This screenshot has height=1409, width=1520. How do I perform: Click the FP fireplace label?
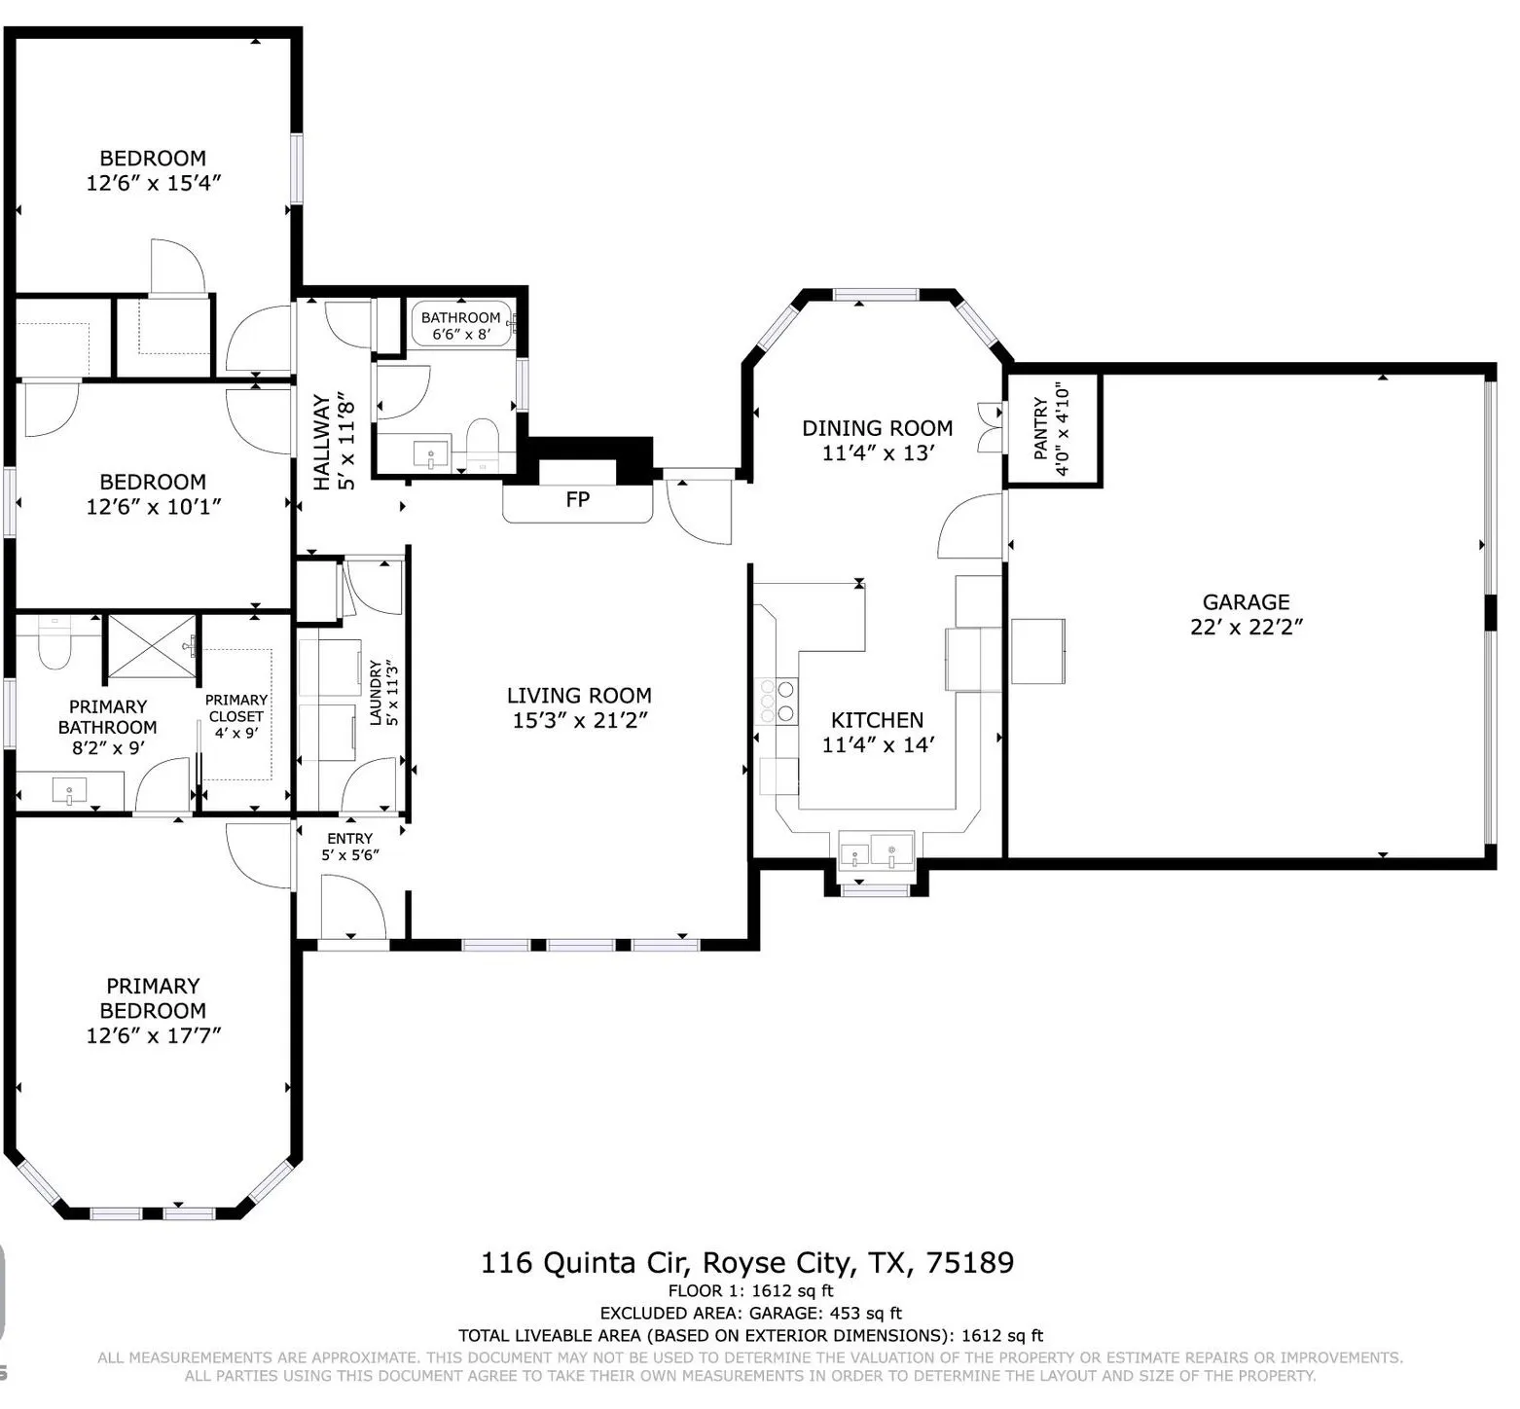click(x=577, y=499)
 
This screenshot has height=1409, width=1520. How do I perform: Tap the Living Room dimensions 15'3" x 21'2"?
click(x=579, y=720)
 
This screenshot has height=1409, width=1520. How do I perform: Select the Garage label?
click(x=1246, y=602)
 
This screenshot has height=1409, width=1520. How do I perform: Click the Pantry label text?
click(x=1040, y=428)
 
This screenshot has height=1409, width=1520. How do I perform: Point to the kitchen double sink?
click(x=876, y=850)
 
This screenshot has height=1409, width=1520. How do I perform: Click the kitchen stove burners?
click(x=777, y=701)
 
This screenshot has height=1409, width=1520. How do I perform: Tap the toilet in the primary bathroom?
click(x=54, y=644)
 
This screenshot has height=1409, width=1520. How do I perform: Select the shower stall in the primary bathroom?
click(x=150, y=645)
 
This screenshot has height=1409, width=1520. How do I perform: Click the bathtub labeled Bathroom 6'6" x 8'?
click(x=461, y=325)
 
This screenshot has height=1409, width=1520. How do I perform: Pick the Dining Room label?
click(x=877, y=428)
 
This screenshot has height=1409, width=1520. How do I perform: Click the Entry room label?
click(x=349, y=838)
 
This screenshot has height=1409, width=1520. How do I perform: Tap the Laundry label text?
click(x=376, y=693)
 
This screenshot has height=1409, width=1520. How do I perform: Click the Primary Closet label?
click(x=235, y=707)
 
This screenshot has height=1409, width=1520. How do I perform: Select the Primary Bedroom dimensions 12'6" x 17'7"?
click(x=153, y=1035)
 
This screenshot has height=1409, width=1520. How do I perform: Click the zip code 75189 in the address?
click(x=969, y=1263)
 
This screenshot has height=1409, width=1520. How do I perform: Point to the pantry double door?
click(x=992, y=427)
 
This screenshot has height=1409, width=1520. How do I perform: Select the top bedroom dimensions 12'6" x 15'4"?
click(x=153, y=183)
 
